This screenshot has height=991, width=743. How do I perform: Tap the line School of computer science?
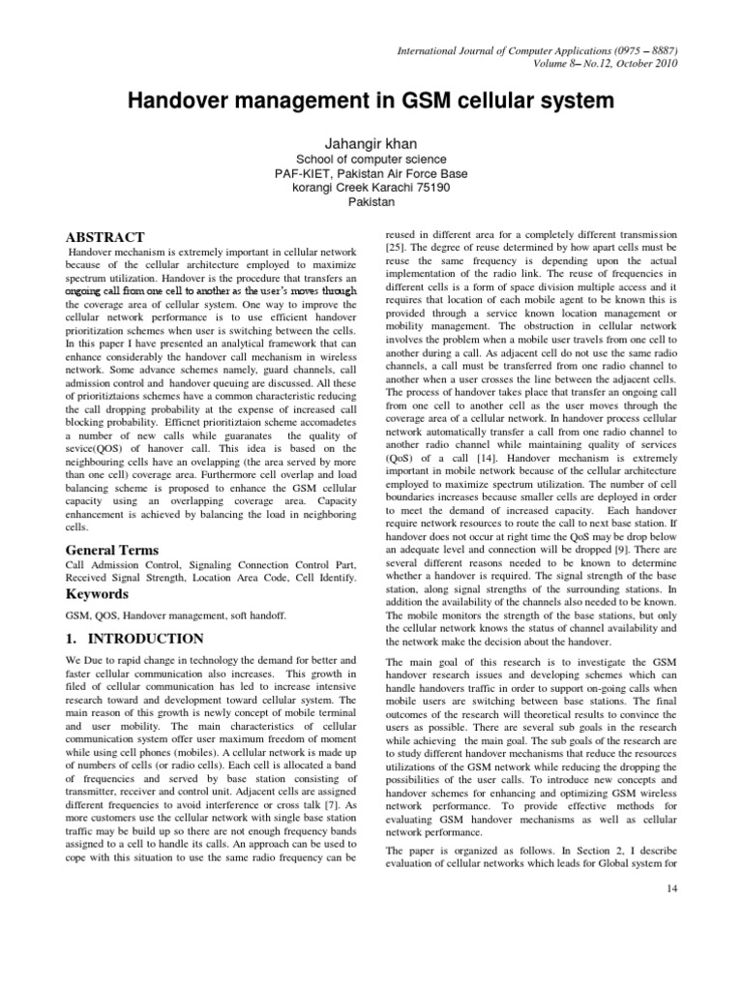(371, 159)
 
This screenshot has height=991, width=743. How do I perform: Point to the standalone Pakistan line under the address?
(371, 204)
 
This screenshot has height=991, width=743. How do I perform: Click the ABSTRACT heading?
(104, 237)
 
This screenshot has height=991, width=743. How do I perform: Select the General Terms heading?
(111, 550)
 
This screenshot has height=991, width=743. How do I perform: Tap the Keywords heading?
(97, 593)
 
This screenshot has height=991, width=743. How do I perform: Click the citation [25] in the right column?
(397, 249)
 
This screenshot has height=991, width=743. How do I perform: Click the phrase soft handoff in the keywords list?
(253, 615)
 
